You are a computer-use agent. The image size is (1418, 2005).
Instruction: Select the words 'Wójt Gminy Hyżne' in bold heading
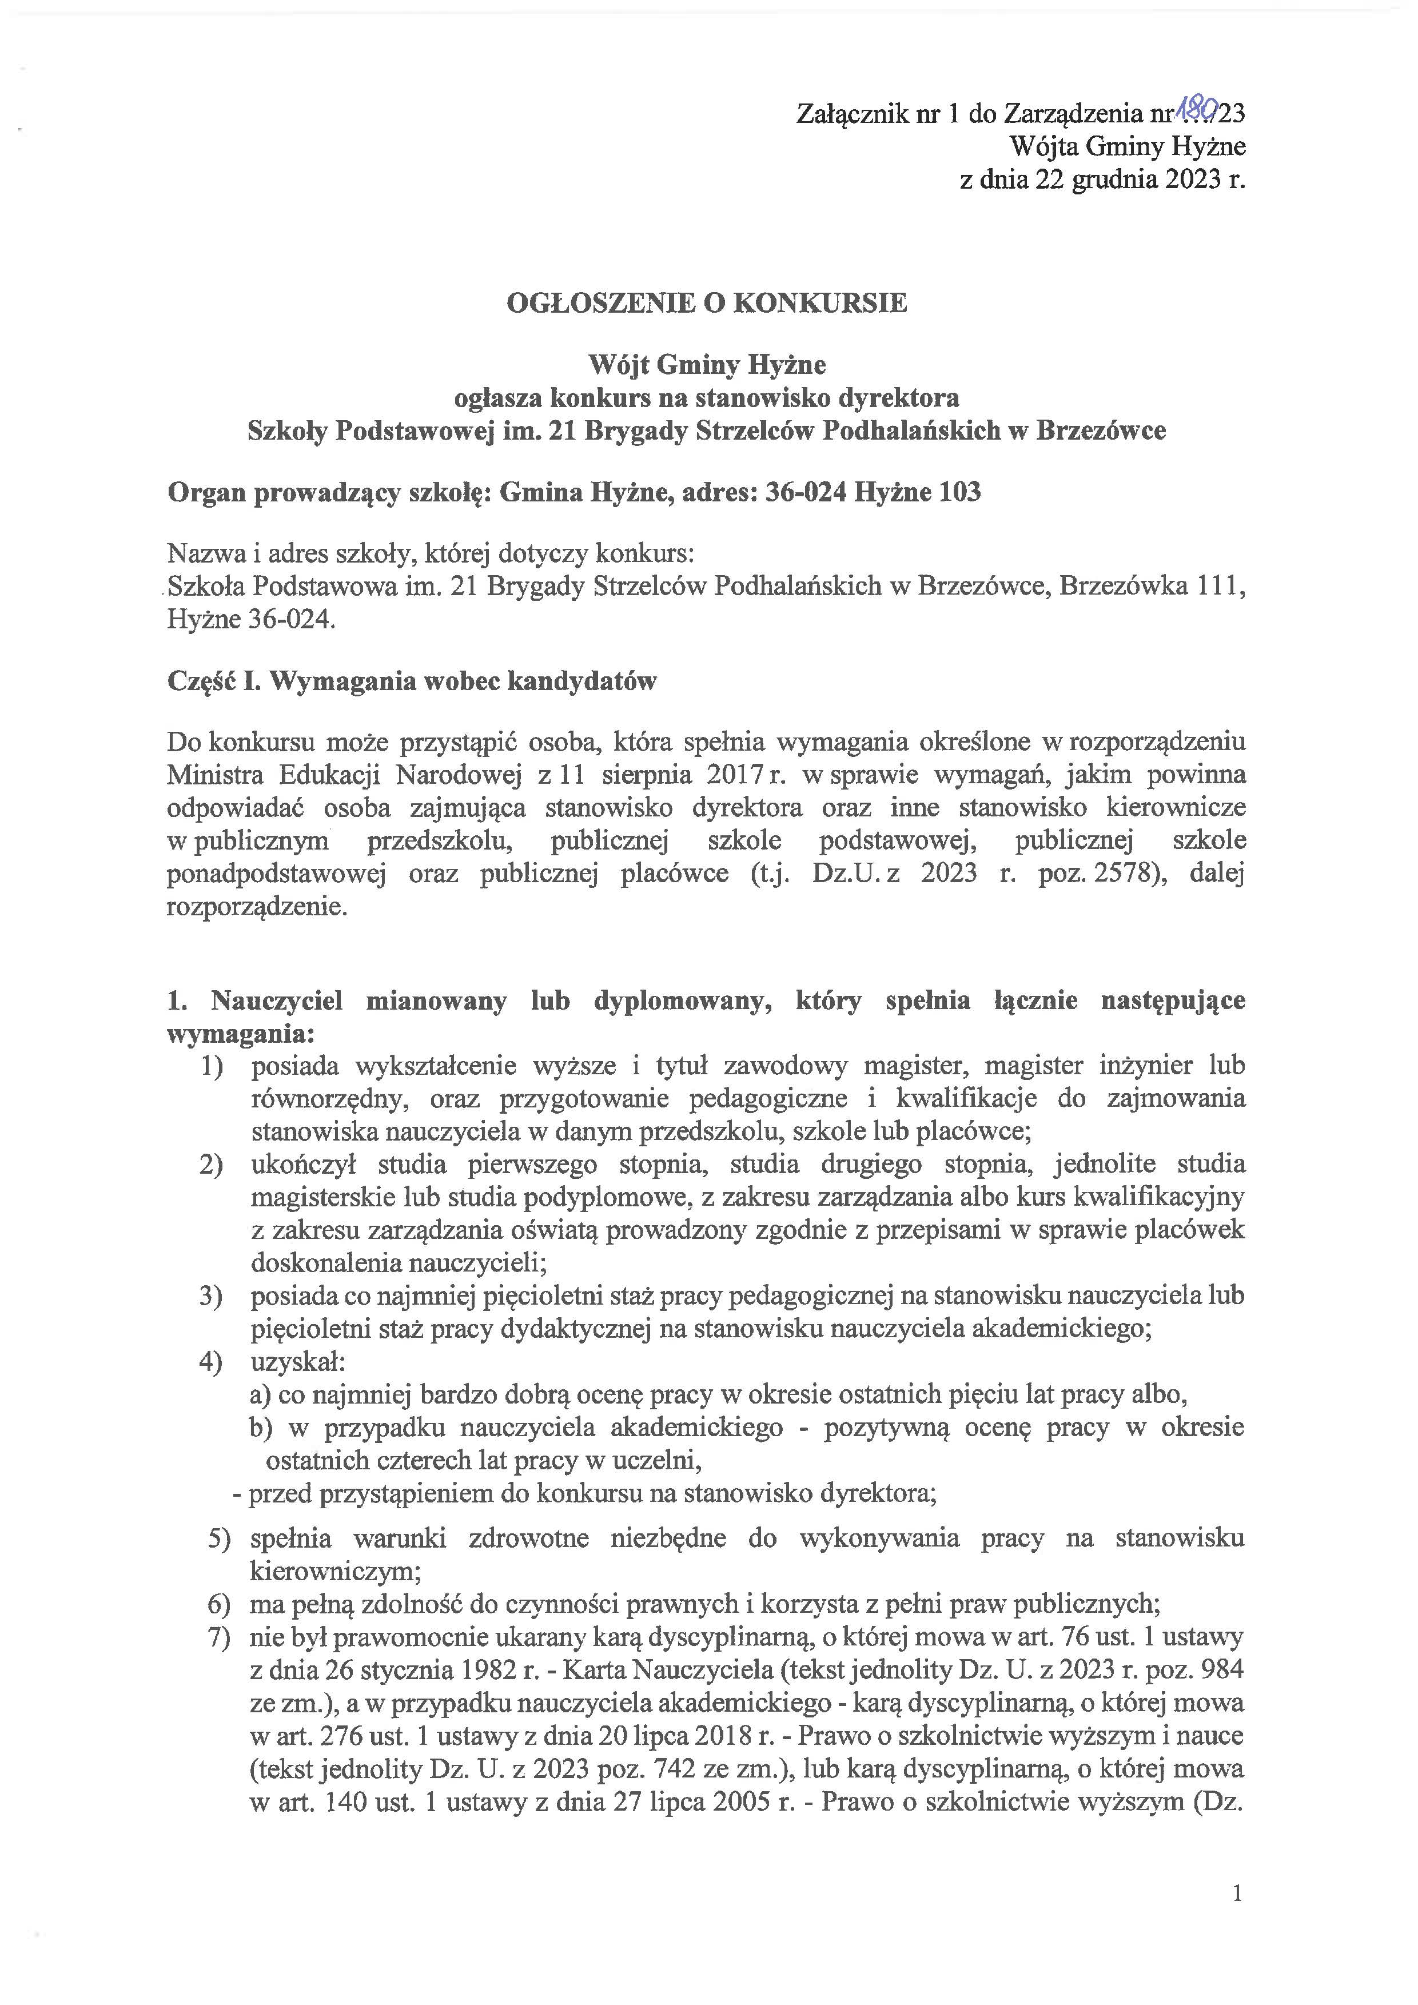pyautogui.click(x=707, y=364)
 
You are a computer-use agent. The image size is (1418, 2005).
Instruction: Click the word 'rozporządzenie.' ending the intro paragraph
pyautogui.click(x=257, y=907)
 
